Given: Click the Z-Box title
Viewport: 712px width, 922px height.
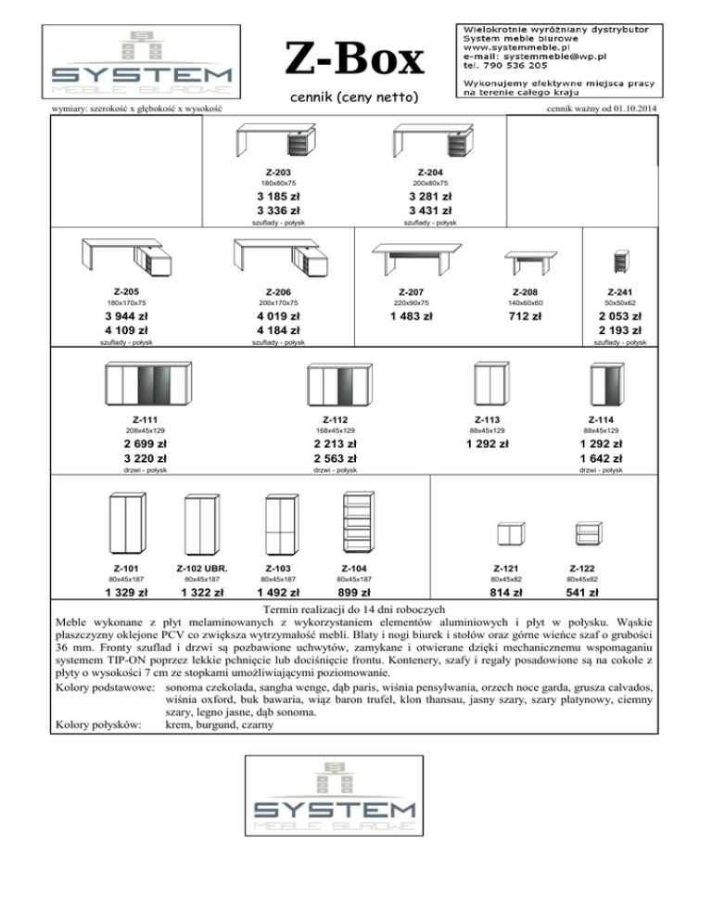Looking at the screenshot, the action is (x=354, y=58).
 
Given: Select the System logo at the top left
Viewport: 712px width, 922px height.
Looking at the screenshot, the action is (x=141, y=62).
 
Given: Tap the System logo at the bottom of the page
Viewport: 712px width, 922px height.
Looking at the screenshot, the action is (x=334, y=796).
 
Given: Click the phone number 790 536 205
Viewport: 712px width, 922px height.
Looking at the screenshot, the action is (x=515, y=65).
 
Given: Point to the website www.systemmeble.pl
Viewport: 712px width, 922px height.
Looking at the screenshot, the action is (x=516, y=47).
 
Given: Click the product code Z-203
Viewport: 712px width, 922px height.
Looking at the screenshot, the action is (x=278, y=173).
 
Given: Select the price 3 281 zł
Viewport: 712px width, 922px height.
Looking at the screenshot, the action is (x=430, y=197).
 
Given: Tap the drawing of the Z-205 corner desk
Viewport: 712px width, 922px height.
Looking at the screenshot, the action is (x=126, y=257).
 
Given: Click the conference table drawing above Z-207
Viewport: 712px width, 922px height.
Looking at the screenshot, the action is (x=417, y=259).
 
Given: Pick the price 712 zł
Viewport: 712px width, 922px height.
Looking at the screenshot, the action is (x=525, y=316).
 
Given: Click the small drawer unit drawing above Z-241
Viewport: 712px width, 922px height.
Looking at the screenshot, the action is (x=621, y=262).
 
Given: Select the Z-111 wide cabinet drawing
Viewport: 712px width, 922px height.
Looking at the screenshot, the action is (x=148, y=384).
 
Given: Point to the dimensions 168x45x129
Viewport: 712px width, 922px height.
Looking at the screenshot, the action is (x=335, y=430).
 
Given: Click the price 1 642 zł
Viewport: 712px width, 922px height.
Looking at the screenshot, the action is (x=601, y=458).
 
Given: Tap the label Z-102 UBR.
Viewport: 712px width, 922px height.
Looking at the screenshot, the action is (x=202, y=569).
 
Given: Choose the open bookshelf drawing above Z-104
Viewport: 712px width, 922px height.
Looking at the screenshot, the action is (x=358, y=523).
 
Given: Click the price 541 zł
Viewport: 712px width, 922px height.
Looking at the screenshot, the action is (x=582, y=593).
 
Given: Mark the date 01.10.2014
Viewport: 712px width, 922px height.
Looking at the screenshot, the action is (x=635, y=109).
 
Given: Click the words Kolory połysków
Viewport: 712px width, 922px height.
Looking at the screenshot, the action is (x=98, y=725).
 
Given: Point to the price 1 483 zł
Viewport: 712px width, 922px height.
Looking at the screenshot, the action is (x=411, y=316).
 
